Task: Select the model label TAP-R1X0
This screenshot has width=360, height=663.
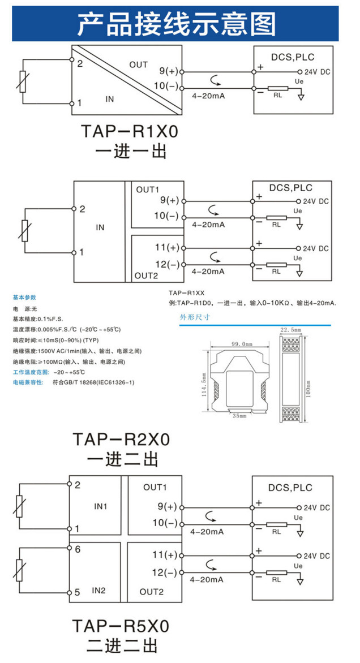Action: click(129, 132)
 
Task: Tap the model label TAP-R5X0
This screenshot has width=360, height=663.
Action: click(121, 626)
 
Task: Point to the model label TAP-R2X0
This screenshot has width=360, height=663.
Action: click(121, 439)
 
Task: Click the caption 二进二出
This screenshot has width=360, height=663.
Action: click(122, 647)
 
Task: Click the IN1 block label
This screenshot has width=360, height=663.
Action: click(100, 506)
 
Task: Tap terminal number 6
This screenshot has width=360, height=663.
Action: click(78, 549)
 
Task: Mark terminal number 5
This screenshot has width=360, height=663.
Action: click(78, 592)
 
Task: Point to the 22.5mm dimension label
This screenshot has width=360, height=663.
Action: click(291, 329)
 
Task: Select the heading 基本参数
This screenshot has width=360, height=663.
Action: click(24, 297)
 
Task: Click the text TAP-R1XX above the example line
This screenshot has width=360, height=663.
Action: click(186, 293)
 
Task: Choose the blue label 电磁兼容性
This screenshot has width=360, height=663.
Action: click(27, 383)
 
